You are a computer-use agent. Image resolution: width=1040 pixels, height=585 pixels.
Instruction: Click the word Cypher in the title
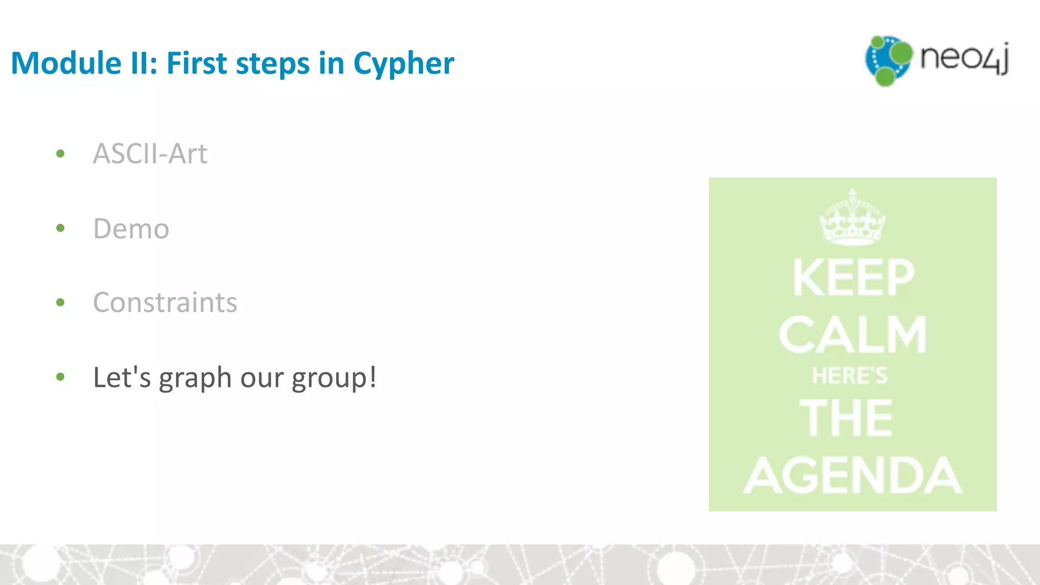(403, 64)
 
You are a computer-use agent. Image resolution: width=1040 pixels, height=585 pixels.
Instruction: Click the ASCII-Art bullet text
(150, 153)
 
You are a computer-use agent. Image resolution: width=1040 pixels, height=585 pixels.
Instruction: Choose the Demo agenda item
(131, 229)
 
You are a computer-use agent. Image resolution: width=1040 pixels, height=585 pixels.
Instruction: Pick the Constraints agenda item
(165, 303)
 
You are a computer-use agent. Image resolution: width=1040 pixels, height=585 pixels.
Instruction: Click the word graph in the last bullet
(196, 378)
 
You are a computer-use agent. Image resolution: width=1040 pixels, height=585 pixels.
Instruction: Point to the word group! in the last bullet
(334, 378)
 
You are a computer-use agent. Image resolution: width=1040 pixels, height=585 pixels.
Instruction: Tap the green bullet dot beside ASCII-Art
(60, 153)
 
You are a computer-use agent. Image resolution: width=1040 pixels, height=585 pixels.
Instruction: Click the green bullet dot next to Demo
(60, 228)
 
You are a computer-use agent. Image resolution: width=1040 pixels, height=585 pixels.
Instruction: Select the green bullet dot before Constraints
(60, 303)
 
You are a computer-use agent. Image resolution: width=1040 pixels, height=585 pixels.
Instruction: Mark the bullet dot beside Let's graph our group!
(60, 377)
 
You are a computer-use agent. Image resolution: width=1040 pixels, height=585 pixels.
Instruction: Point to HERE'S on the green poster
(850, 376)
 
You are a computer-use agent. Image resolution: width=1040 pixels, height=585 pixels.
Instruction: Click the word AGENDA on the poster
(853, 475)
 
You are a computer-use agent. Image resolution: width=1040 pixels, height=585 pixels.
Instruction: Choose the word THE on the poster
(846, 417)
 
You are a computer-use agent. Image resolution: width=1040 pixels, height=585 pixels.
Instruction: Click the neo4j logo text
(964, 58)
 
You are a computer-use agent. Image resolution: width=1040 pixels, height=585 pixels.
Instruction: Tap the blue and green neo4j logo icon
(888, 60)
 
